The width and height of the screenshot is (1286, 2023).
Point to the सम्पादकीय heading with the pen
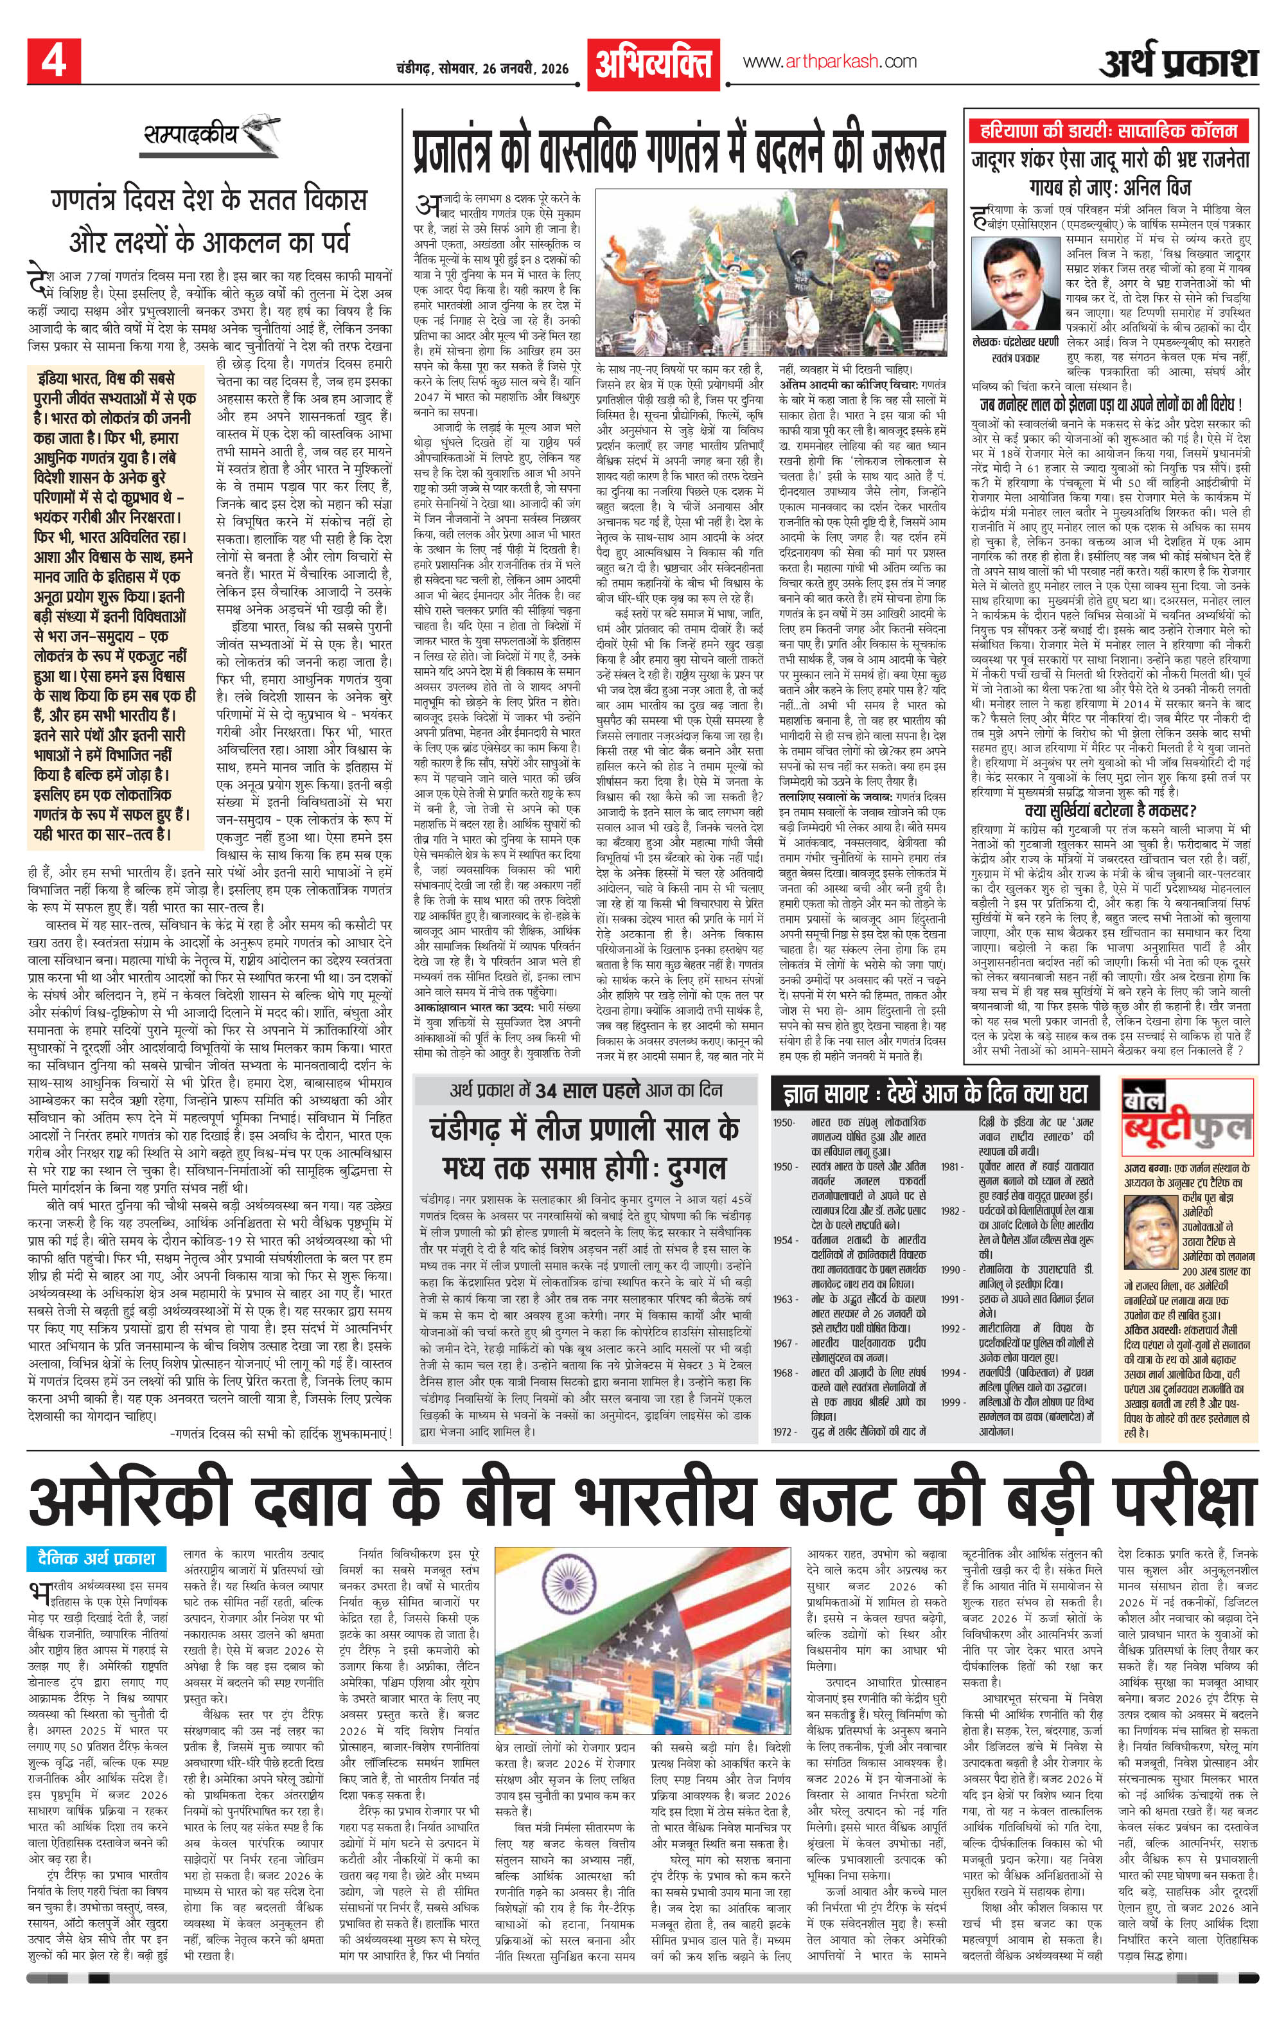pos(210,136)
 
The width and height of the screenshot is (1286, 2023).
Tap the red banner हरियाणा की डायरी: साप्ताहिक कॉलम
pos(1109,132)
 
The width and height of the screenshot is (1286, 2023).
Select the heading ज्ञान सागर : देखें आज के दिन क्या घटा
pos(934,1094)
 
